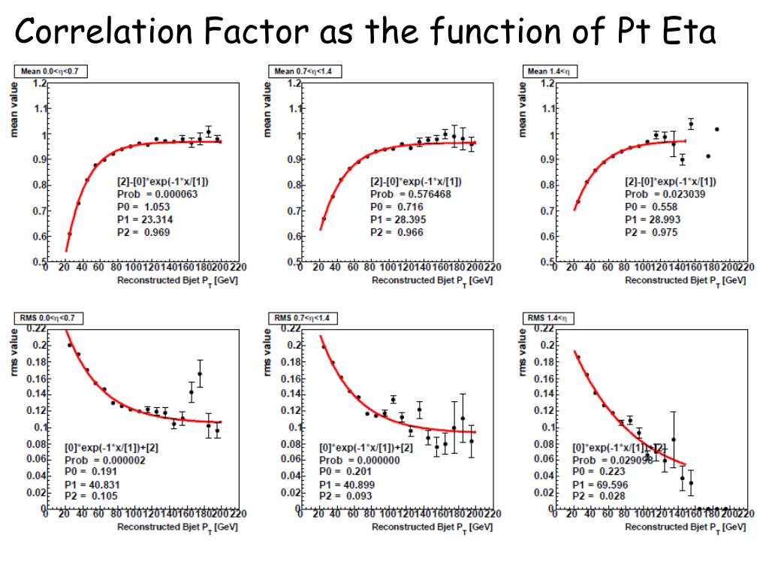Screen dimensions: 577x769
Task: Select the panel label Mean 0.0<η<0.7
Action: (51, 71)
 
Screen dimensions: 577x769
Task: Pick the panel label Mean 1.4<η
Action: (550, 71)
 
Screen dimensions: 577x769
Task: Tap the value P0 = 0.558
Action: (650, 207)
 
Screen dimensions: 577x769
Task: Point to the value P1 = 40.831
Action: (92, 485)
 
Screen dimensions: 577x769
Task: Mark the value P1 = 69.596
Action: (599, 485)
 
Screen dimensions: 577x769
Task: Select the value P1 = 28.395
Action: (397, 219)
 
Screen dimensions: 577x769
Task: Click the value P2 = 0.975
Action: (650, 232)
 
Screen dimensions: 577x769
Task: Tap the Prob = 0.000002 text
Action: (101, 459)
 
